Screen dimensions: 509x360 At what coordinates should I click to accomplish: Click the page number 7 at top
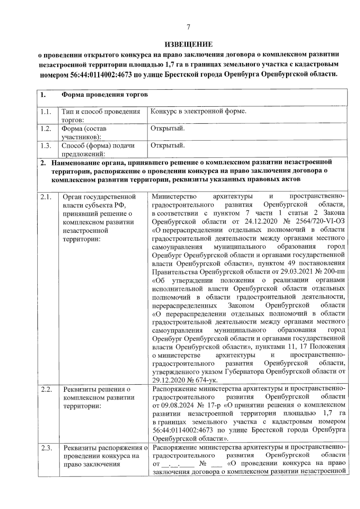coord(188,27)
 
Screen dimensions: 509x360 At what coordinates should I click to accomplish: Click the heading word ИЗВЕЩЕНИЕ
coord(189,45)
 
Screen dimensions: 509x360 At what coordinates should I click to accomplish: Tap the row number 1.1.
coord(45,112)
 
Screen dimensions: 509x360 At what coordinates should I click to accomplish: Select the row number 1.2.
coord(45,129)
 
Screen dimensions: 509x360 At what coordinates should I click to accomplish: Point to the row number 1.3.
coord(45,146)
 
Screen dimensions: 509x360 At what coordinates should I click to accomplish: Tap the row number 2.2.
coord(46,389)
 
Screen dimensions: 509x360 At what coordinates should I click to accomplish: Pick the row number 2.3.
coord(46,448)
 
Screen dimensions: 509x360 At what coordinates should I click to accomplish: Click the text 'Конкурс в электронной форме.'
coord(198,112)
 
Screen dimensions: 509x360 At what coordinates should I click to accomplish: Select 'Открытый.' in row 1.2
coord(167,128)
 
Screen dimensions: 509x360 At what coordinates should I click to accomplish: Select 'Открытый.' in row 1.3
coord(167,146)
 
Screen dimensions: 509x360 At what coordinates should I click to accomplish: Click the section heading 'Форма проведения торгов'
coord(105,95)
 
